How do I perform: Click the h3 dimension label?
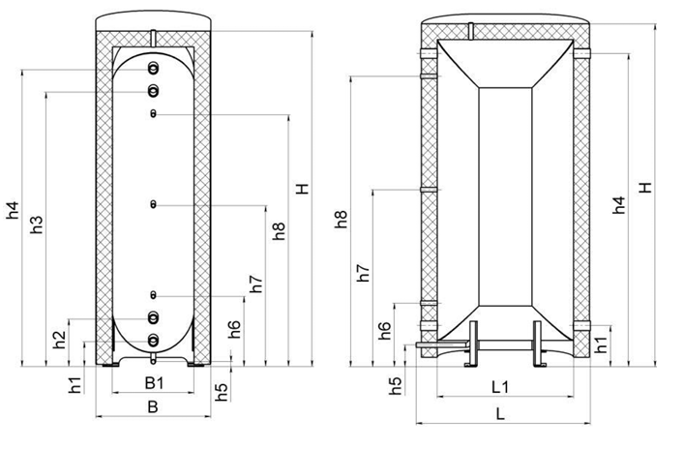(x=37, y=224)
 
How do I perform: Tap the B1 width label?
(x=154, y=383)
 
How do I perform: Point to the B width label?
(x=153, y=406)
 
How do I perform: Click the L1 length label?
(x=500, y=387)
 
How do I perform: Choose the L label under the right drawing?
(x=500, y=413)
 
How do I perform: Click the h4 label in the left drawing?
(x=13, y=210)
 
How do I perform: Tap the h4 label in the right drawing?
(x=618, y=205)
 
